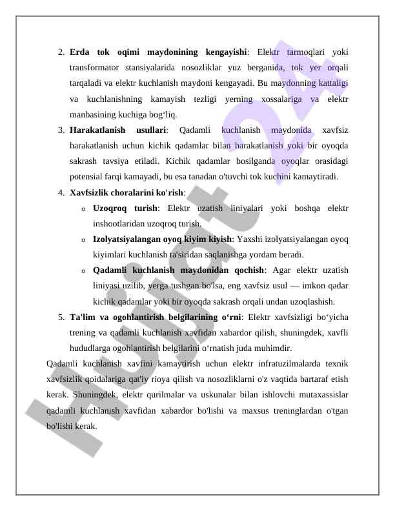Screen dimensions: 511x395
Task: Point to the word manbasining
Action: click(93, 114)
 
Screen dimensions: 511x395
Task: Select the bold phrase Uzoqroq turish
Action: click(125, 208)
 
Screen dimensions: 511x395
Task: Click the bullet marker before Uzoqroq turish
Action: click(83, 208)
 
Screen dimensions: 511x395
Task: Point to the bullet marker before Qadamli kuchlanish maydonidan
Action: click(83, 271)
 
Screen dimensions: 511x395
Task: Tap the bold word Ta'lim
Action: click(82, 317)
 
